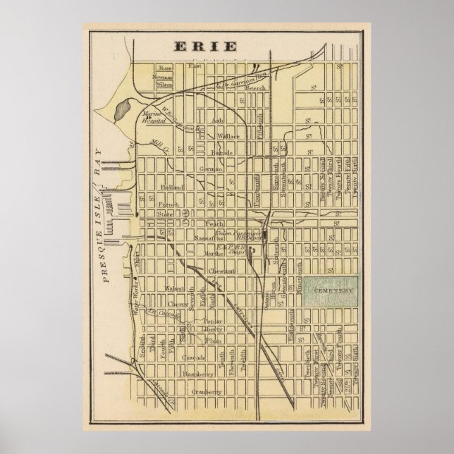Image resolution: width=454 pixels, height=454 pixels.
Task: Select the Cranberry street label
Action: pos(209,392)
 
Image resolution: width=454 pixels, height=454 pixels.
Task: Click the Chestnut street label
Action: pos(220,271)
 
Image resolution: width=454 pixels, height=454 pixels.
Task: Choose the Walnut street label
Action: pos(175,288)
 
